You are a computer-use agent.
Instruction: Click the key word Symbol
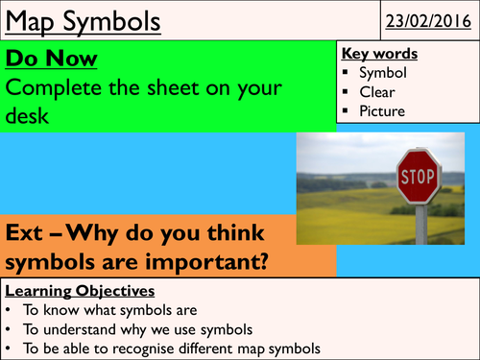pos(383,74)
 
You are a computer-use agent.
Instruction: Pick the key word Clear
pos(377,92)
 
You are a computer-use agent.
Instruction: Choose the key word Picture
pos(383,110)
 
